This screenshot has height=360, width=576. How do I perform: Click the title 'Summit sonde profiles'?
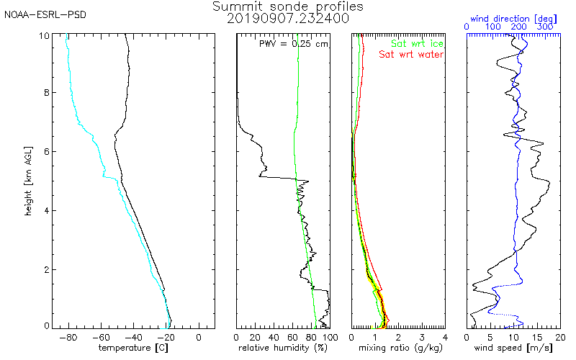[288, 6]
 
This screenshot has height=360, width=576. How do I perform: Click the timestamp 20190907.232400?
[288, 19]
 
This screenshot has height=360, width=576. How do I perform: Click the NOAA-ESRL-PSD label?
[45, 14]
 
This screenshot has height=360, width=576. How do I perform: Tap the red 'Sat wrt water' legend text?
[411, 55]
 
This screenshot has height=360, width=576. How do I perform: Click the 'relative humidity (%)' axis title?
[283, 348]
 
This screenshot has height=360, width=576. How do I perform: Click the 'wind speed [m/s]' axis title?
[514, 348]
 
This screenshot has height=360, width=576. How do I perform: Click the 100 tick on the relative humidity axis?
[329, 337]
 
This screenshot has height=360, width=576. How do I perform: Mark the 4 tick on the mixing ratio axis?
[445, 337]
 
